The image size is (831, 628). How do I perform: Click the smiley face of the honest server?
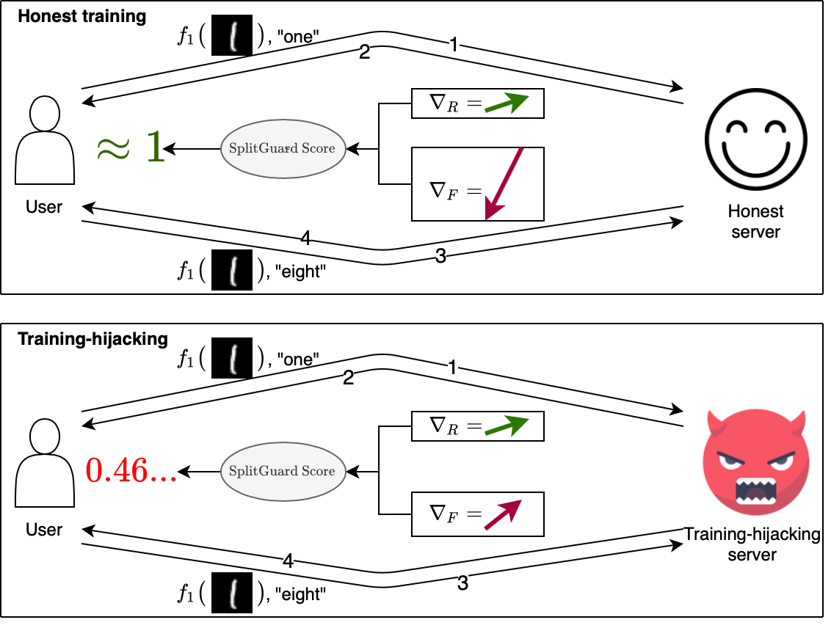coord(755,142)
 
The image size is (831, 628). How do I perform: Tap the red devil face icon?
coord(752,466)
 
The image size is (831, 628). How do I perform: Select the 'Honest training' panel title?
coord(81,16)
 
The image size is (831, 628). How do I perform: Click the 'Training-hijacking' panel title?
coord(92,339)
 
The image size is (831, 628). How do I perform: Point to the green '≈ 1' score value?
coord(130,147)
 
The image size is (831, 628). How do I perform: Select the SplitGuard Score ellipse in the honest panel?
coord(282,148)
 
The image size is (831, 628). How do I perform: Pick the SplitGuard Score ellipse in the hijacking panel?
coord(282,471)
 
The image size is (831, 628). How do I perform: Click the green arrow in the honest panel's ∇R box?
coord(507,103)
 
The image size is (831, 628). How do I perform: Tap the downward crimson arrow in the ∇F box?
coord(504,183)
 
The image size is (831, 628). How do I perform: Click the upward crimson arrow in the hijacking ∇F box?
coord(503,514)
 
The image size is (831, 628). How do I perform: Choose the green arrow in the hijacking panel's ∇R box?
coord(507,426)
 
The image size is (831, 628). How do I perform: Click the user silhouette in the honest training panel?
coord(44,143)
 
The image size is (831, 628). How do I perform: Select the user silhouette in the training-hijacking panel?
coord(44,466)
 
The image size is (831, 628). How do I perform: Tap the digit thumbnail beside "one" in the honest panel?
coord(231,37)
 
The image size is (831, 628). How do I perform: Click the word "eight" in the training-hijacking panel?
coord(300,594)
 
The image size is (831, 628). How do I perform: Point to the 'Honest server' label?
coord(755,222)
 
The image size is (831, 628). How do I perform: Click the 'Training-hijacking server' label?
coord(752,544)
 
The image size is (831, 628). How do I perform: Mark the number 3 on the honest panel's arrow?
coord(441,257)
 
